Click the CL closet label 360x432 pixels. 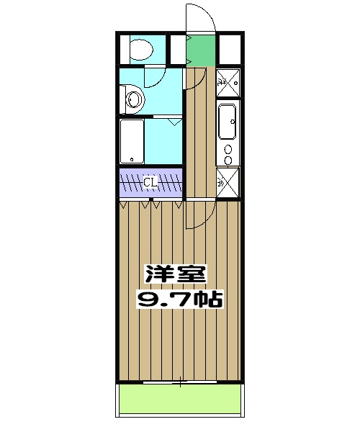[150, 182]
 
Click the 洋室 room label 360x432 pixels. [176, 274]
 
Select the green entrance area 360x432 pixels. [201, 49]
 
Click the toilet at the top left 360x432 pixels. [138, 48]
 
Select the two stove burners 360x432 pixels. [229, 155]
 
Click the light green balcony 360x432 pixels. [179, 398]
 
